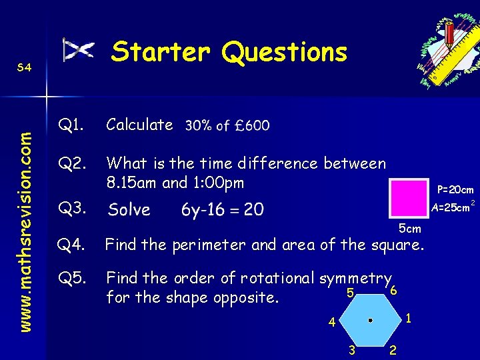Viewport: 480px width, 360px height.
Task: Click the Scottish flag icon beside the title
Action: tap(79, 51)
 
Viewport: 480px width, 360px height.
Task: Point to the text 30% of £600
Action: tap(227, 125)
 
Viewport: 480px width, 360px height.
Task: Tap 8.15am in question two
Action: tap(131, 182)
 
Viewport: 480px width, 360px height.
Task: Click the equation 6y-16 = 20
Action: tap(222, 210)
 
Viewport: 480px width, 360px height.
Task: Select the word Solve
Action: tap(129, 210)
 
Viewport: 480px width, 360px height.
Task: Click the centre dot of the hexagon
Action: tap(369, 320)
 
